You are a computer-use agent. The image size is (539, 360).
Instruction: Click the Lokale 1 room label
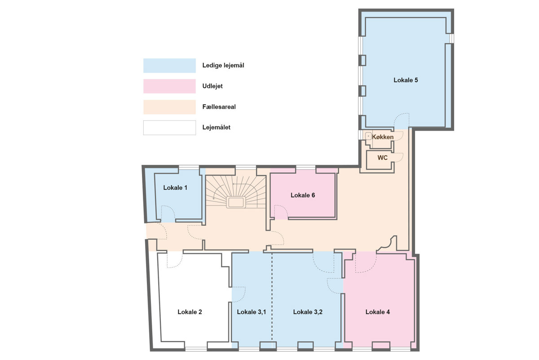tap(175, 188)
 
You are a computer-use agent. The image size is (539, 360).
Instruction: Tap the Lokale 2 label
tap(190, 312)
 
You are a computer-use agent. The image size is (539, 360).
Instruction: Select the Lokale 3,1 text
tap(252, 312)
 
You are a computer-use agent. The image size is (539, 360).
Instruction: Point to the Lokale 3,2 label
tap(308, 312)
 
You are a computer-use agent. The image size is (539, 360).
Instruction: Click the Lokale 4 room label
tap(378, 312)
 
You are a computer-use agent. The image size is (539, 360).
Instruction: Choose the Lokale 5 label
tap(406, 80)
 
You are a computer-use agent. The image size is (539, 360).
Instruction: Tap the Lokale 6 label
tap(303, 195)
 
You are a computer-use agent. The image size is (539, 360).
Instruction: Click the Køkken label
tap(383, 137)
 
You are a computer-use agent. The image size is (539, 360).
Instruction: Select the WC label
tap(382, 158)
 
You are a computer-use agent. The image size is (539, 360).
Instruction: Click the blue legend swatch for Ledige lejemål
tap(170, 66)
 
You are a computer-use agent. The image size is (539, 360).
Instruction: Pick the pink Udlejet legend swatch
tap(170, 86)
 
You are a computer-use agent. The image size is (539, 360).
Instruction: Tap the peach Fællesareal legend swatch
tap(170, 107)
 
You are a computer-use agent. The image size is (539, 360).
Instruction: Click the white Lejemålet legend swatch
tap(170, 127)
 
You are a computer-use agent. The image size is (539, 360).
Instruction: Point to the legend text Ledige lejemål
tap(223, 66)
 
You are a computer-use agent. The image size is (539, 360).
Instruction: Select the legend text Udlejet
tap(212, 86)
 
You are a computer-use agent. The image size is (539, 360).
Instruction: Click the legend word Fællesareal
tap(219, 107)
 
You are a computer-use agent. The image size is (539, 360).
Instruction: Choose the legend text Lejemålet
tap(216, 127)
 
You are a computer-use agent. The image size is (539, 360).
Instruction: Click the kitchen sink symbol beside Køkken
tap(368, 136)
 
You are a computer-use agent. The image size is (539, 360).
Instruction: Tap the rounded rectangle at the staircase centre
tap(236, 202)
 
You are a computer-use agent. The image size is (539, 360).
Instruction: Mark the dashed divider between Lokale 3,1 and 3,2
tap(272, 297)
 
